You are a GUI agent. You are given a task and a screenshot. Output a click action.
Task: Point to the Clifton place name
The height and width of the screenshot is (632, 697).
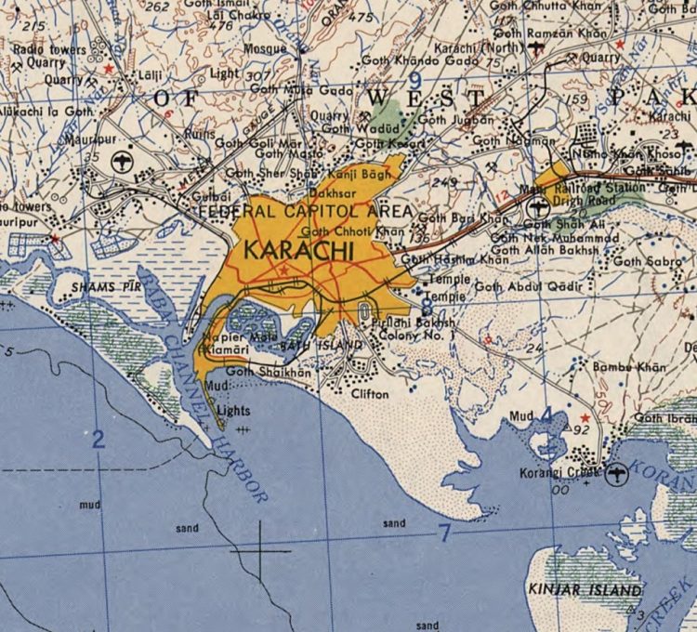(x=370, y=394)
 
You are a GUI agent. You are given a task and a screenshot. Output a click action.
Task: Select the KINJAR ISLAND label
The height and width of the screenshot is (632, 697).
(x=585, y=589)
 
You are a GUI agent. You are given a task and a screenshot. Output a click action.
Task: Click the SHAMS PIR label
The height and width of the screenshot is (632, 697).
(x=104, y=288)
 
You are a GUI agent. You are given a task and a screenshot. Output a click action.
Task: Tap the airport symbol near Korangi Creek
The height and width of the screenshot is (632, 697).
(x=615, y=475)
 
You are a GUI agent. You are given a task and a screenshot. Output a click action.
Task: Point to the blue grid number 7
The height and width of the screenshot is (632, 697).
(x=444, y=533)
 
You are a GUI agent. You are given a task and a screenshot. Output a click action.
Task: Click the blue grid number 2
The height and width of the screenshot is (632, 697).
(x=98, y=441)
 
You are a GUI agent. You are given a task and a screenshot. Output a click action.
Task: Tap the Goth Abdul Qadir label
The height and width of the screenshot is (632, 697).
(x=526, y=287)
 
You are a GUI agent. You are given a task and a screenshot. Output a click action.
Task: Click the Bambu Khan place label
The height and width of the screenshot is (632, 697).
(x=630, y=367)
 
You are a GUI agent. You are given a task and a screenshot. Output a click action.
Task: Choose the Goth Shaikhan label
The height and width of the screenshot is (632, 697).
(x=269, y=372)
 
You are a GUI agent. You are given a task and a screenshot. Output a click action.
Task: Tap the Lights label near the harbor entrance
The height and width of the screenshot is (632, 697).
(x=232, y=410)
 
